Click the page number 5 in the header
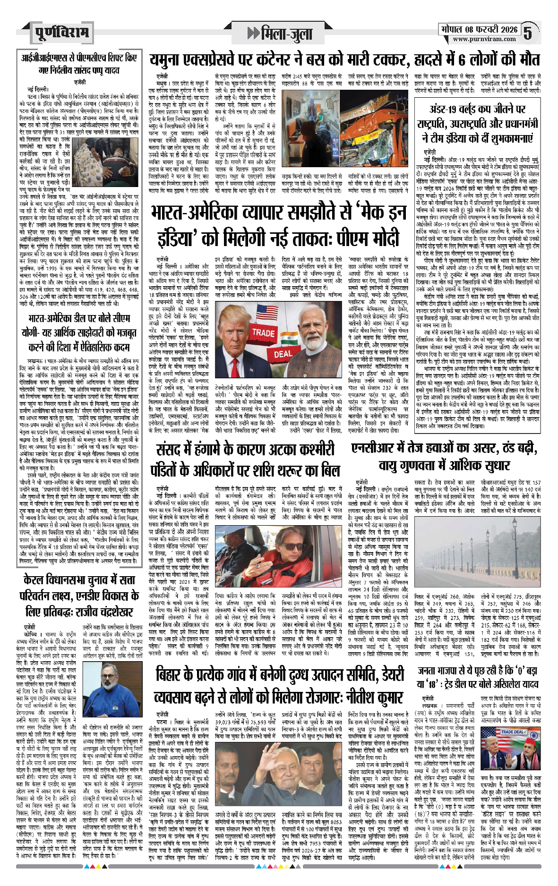click(528, 32)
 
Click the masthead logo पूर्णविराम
click(61, 33)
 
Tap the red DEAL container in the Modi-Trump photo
click(283, 354)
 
